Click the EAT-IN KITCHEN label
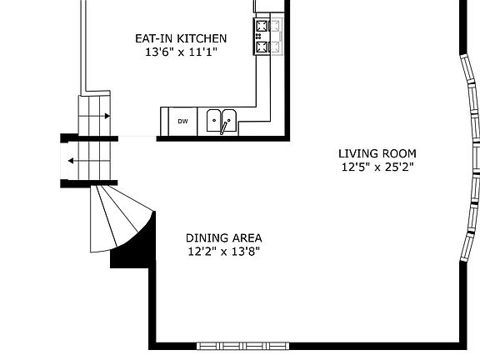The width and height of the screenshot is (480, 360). point(181,38)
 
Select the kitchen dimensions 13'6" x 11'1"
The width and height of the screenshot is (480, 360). point(181,52)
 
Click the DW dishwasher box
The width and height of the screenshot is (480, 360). point(182,122)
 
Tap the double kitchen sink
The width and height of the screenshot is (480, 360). point(222,121)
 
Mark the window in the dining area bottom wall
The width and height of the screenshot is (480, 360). point(243,345)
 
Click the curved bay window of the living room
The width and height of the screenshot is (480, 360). point(471,159)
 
